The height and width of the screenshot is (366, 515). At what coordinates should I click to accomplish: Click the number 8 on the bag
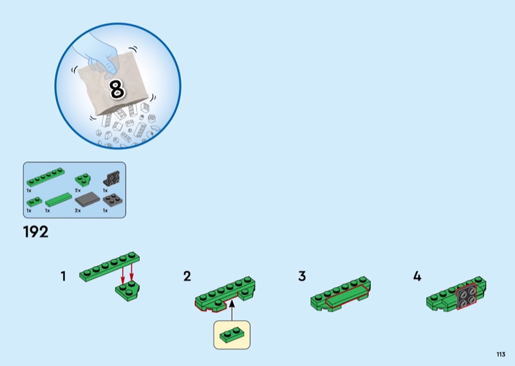117,89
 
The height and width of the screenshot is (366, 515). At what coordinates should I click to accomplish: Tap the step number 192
36,232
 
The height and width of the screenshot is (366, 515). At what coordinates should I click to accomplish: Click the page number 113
501,354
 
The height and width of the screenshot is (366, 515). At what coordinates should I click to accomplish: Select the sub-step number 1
63,276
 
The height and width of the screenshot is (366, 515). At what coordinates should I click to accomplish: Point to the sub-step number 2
187,276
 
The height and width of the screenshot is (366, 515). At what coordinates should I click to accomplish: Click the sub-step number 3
302,276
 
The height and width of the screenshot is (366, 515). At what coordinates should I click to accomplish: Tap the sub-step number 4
417,276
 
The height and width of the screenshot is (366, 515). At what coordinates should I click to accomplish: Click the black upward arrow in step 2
232,310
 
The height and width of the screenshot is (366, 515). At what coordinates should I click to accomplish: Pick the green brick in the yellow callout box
232,335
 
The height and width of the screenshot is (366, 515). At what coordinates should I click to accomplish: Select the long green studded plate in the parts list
46,177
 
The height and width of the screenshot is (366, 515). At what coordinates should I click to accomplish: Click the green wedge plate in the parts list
83,180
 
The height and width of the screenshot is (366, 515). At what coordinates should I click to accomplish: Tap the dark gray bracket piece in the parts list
112,178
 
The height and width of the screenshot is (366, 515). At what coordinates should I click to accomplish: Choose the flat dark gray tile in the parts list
88,199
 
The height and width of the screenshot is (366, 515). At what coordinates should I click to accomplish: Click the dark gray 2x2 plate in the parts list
113,200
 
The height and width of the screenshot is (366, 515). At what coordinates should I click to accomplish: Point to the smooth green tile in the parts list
59,200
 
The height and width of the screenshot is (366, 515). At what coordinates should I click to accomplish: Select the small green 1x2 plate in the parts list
35,202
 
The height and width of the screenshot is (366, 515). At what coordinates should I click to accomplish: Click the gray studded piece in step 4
466,296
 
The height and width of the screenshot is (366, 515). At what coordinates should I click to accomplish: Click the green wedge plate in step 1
127,291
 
